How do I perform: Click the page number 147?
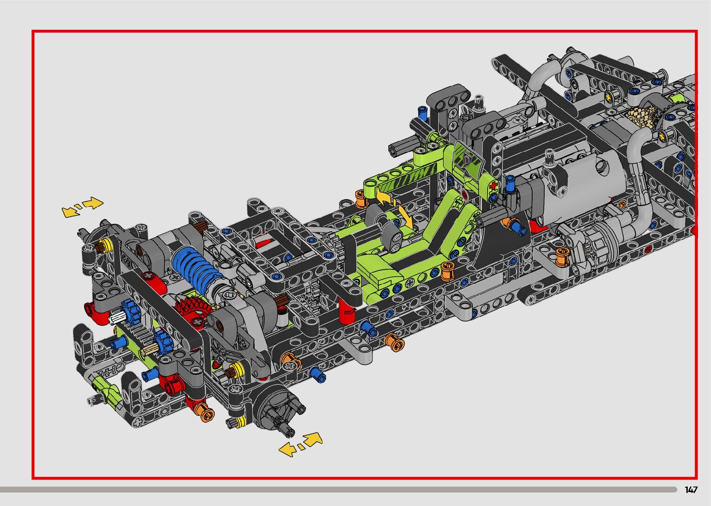click(691, 490)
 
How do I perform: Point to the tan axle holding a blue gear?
click(150, 349)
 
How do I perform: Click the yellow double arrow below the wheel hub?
click(300, 444)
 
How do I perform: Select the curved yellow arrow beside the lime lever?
click(395, 206)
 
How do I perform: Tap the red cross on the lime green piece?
click(493, 186)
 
